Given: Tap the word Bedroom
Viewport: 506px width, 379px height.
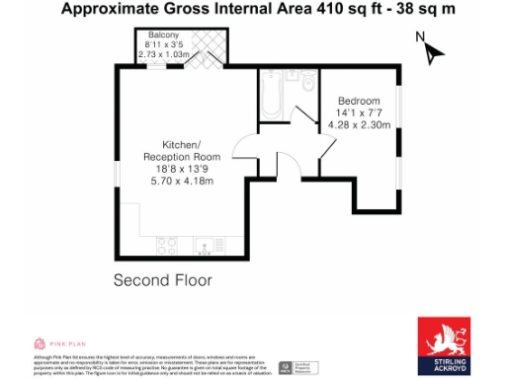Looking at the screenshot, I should click(x=359, y=102).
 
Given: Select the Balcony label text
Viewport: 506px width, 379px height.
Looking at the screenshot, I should click(x=163, y=35).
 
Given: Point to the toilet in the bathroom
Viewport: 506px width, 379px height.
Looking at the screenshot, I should click(x=308, y=87).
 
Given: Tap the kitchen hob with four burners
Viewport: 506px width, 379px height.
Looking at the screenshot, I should click(x=163, y=245).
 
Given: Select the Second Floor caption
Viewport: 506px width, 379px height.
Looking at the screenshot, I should click(x=163, y=280).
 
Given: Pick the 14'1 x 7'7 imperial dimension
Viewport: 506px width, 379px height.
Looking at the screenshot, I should click(x=359, y=114).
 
